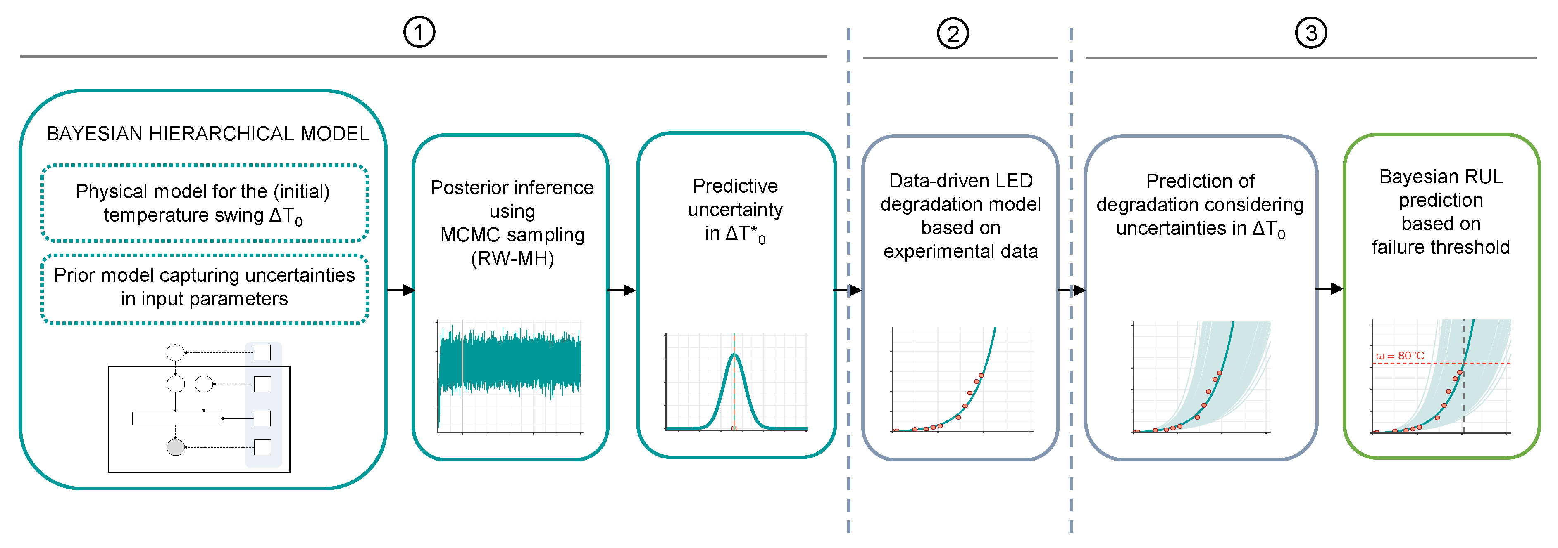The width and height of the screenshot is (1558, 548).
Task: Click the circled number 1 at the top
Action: click(419, 33)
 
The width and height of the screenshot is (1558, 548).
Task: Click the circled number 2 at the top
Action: click(953, 34)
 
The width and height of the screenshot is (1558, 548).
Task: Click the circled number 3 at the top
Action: click(1310, 33)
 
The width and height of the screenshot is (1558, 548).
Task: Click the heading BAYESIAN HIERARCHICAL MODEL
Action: click(207, 134)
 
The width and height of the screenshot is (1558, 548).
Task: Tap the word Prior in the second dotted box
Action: click(74, 276)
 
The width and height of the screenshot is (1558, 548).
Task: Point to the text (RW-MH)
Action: click(512, 259)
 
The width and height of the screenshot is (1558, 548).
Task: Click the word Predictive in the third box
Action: click(735, 186)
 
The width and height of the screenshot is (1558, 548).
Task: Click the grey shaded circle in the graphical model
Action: click(175, 447)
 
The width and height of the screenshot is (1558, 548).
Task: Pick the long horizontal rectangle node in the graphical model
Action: click(176, 418)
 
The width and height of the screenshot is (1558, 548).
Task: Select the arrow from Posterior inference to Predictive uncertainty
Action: click(621, 291)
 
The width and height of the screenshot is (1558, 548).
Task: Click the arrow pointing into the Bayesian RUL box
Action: click(1329, 289)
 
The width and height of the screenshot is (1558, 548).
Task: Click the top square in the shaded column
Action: click(262, 352)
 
